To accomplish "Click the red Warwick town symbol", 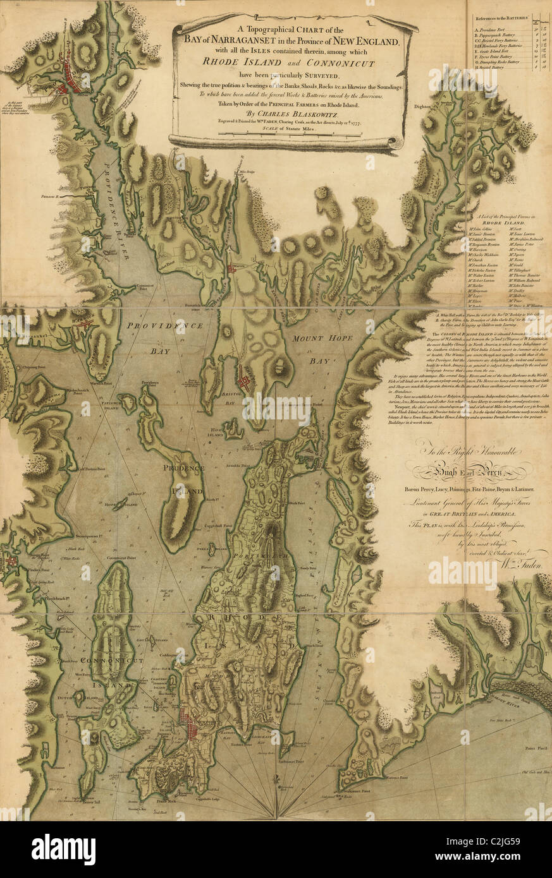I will pos(84,323).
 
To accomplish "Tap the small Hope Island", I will pos(114,505).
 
